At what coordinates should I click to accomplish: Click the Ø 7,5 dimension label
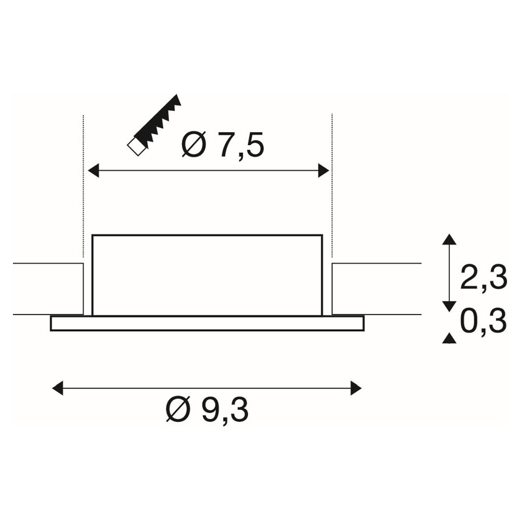pyautogui.click(x=223, y=145)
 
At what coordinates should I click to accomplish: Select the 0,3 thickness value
pyautogui.click(x=484, y=321)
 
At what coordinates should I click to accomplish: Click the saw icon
pyautogui.click(x=154, y=125)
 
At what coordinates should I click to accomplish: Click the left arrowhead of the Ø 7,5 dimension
pyautogui.click(x=93, y=171)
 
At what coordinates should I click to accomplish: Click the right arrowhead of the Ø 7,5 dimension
pyautogui.click(x=323, y=171)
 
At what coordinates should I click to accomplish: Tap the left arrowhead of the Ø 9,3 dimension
pyautogui.click(x=58, y=388)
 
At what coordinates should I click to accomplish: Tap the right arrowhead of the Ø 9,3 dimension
pyautogui.click(x=356, y=388)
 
